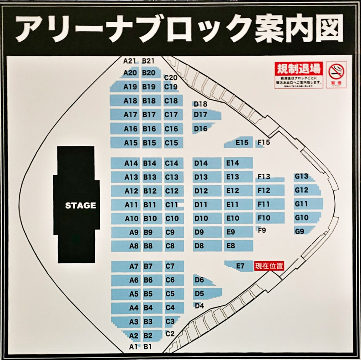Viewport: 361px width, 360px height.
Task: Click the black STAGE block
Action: point(77,205)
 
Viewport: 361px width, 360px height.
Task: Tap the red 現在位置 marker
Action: point(269,266)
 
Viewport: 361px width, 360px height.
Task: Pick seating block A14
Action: point(126,163)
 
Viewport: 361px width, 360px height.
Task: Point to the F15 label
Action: point(263,143)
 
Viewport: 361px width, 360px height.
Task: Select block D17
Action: point(204,114)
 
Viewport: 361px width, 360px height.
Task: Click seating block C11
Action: point(173,204)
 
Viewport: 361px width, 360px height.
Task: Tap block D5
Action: point(206,293)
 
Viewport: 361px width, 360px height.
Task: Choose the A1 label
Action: point(133,347)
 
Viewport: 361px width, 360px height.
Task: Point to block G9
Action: point(303,231)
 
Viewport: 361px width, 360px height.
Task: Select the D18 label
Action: point(200,104)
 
